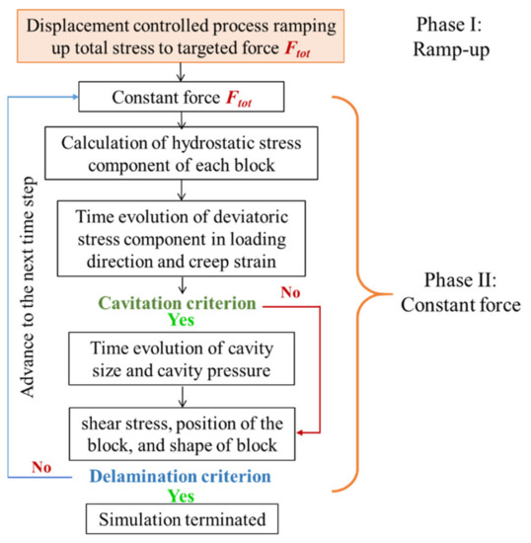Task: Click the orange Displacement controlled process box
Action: pos(178,36)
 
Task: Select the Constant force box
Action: pos(179,98)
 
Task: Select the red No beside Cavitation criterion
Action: pos(291,293)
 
